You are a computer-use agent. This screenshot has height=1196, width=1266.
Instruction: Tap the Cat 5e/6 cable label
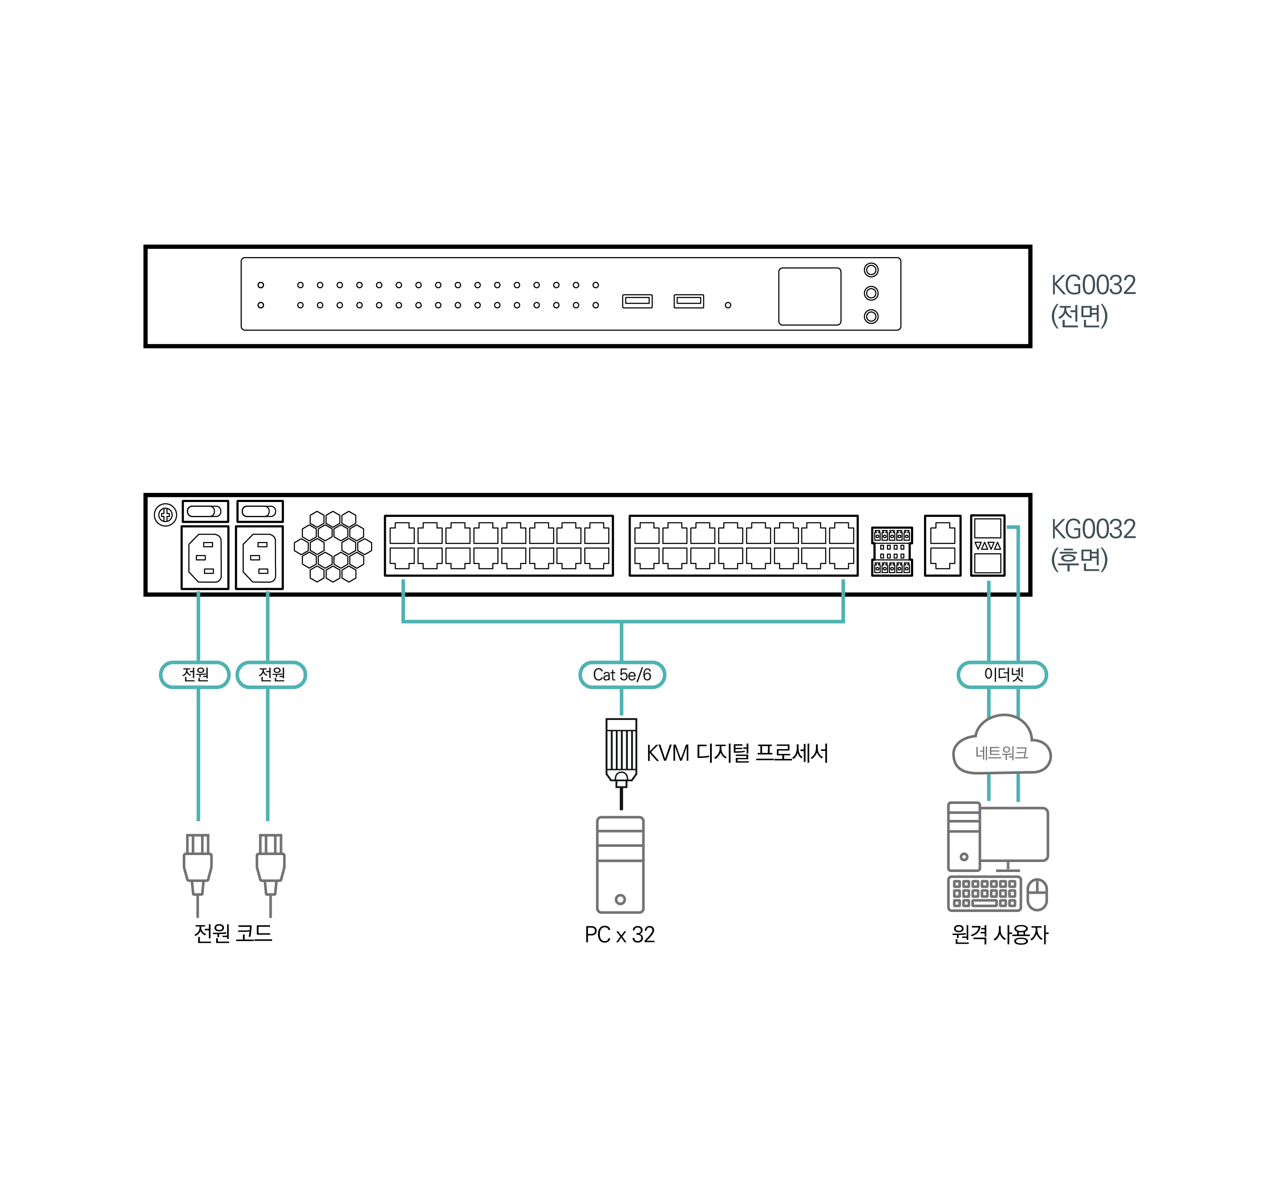(x=622, y=674)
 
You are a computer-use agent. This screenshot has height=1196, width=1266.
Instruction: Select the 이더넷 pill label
(x=1002, y=674)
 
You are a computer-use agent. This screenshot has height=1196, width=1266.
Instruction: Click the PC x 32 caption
(x=619, y=935)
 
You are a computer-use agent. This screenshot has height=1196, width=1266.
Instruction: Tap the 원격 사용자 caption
(x=999, y=935)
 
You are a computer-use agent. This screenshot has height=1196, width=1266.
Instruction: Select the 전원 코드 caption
(x=233, y=933)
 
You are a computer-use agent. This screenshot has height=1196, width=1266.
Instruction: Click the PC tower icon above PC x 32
(x=620, y=865)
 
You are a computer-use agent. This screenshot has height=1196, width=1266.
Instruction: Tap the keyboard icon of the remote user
(x=984, y=894)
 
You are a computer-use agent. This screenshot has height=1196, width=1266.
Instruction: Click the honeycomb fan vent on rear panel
(x=332, y=546)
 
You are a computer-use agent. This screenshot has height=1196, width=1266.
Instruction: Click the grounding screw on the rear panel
(x=165, y=515)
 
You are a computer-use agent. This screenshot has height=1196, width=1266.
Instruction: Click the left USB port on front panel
(x=637, y=301)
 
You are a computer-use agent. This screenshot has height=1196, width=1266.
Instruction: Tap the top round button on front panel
(x=871, y=270)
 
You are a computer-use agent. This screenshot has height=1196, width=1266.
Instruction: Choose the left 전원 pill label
(x=195, y=674)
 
